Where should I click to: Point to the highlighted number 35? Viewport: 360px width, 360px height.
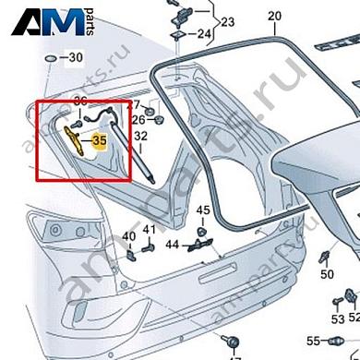click(100, 141)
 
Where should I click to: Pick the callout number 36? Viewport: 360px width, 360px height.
click(79, 101)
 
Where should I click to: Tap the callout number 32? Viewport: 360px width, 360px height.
click(141, 136)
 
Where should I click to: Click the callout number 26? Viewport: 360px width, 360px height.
click(138, 119)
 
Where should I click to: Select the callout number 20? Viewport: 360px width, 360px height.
click(273, 17)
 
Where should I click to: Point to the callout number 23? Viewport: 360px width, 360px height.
click(227, 21)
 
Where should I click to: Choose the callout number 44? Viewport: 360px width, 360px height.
click(173, 245)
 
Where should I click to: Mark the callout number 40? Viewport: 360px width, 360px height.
click(128, 234)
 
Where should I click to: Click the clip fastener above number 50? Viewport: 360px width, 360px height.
click(326, 254)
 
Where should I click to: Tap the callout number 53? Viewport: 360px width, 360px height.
click(339, 319)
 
